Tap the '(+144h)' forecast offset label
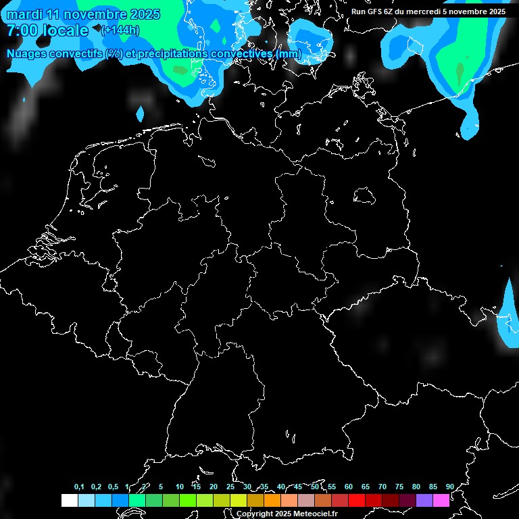120,30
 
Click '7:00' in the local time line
22,30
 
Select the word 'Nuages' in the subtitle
27,53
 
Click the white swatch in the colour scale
69,500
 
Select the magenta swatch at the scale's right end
441,500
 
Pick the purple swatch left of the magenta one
424,500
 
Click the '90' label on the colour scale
449,487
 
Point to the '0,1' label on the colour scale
79,487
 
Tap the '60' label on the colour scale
348,487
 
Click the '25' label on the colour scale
230,487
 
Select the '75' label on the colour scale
399,487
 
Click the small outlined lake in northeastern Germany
365,196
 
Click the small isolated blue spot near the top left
140,112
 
